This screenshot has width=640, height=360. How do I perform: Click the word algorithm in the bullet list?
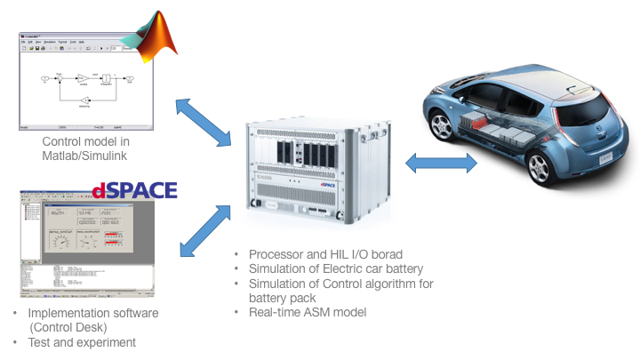coord(381,284)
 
